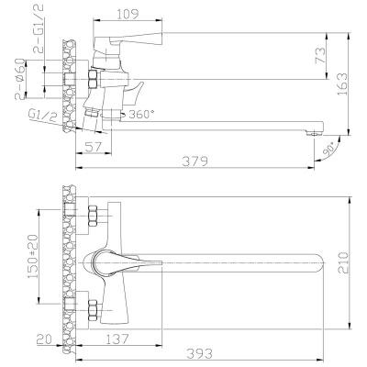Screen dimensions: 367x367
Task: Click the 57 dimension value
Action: [x=92, y=145]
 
